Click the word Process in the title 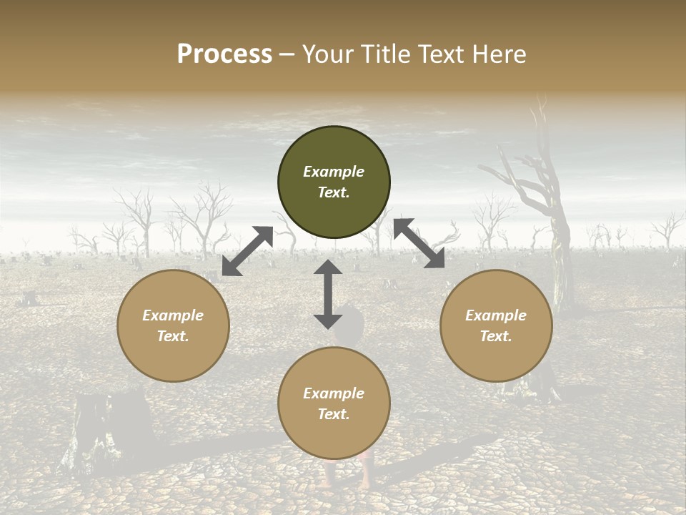(x=224, y=54)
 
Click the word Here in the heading (x=499, y=54)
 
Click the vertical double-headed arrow (x=328, y=294)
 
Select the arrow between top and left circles (x=247, y=251)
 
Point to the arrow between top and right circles (x=419, y=243)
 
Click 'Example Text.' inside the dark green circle (x=334, y=182)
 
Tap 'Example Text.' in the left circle (x=173, y=325)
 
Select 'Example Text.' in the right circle (x=496, y=325)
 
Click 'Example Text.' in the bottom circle (x=334, y=403)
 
